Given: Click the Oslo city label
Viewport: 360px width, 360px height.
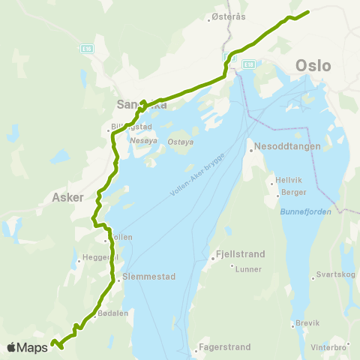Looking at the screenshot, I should point(313,65).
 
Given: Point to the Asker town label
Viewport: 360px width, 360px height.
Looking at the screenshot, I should point(68,198).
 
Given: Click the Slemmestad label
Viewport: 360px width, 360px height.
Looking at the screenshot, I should point(149,276).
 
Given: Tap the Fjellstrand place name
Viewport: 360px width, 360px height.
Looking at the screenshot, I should point(237,254).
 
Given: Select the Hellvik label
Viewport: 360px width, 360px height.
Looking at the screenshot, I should point(290,181).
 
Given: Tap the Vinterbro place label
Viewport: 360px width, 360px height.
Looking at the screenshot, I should point(328,347).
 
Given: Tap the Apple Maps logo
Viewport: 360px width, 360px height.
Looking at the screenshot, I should point(27,347).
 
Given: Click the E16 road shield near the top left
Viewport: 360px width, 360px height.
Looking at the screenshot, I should point(87,48).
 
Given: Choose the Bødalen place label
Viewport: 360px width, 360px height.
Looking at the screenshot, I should point(115,313).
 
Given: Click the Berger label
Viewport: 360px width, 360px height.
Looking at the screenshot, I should point(294,192).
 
